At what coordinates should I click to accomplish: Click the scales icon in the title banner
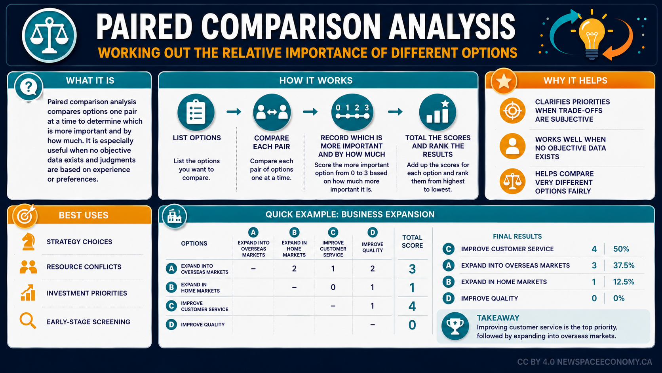tap(49, 35)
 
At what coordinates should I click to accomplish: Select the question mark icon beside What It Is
tap(29, 87)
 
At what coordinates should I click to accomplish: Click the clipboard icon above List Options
tap(196, 112)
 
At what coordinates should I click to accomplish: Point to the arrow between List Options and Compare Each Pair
tap(234, 112)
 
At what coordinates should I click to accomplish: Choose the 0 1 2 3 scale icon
tap(352, 112)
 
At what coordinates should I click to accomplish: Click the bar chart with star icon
tap(438, 112)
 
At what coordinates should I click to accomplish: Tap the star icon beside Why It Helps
tap(504, 81)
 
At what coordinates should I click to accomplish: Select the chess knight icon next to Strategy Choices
tap(29, 242)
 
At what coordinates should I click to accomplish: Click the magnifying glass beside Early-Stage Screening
tap(28, 321)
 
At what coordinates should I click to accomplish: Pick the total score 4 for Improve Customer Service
tap(412, 306)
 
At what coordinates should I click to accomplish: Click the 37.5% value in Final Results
tap(624, 265)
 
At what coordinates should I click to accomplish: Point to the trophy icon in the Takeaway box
tap(455, 326)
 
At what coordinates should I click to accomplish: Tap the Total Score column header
tap(412, 241)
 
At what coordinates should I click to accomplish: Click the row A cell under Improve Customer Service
tap(333, 269)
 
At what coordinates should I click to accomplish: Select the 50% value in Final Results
tap(621, 249)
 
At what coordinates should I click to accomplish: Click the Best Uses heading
tap(83, 215)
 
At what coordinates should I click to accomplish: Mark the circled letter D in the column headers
tap(372, 233)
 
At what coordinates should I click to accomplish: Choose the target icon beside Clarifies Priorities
tap(512, 111)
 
